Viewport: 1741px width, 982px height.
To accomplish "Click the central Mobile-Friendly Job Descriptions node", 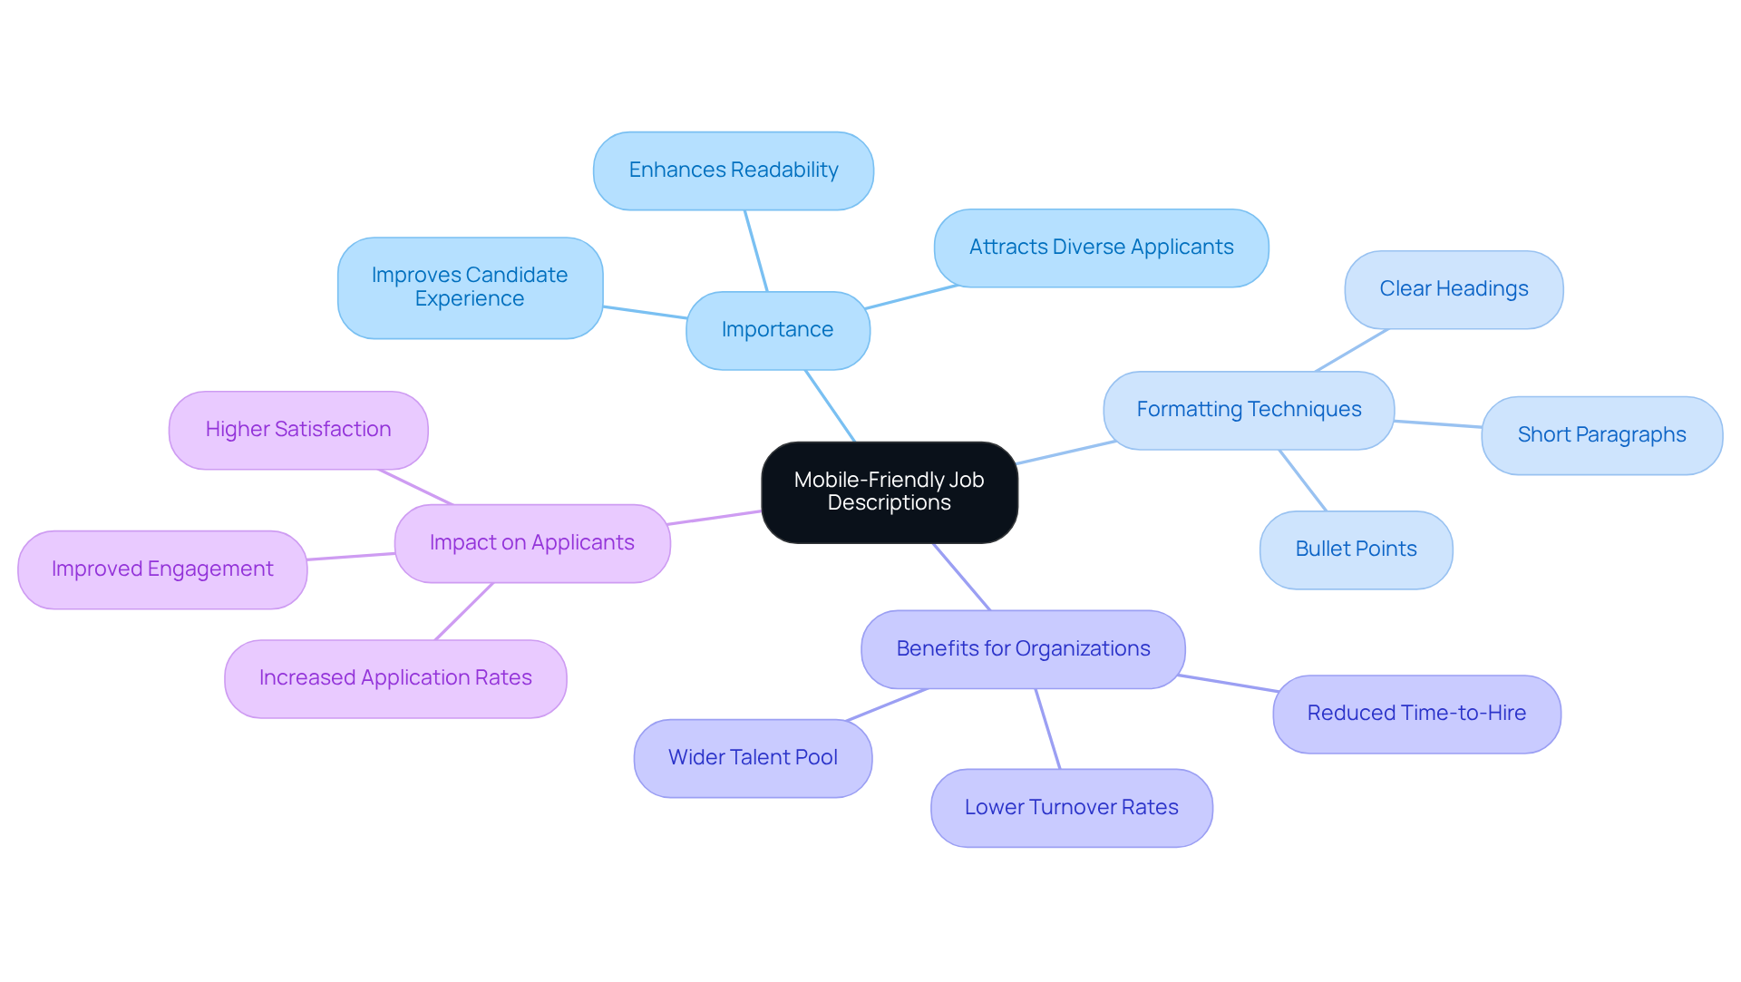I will point(889,491).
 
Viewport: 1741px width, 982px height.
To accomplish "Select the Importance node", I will point(777,330).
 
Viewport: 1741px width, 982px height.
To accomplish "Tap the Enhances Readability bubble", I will point(733,170).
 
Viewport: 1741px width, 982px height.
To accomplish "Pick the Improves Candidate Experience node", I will point(470,287).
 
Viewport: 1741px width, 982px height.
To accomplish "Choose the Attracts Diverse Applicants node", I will point(1101,248).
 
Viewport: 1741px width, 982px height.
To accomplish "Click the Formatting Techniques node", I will point(1248,410).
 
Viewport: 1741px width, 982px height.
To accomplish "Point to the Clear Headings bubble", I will point(1453,289).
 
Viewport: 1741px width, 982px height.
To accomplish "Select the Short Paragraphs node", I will point(1600,435).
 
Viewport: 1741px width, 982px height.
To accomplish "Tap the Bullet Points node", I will point(1355,549).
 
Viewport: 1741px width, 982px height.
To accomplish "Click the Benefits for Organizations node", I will point(1022,649).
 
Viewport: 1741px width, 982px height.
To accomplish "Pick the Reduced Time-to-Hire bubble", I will point(1415,714).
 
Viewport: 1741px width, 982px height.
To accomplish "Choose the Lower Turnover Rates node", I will point(1071,808).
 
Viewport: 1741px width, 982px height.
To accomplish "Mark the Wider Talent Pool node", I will point(753,758).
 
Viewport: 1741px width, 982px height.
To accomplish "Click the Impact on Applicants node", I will point(531,543).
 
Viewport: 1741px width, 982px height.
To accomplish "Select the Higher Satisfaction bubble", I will point(297,430).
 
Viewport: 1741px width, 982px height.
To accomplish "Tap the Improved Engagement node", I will point(162,569).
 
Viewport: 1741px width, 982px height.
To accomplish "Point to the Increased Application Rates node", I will point(395,678).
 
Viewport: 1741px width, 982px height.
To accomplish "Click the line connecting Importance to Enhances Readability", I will point(756,251).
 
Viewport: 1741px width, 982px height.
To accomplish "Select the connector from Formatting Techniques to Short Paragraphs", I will point(1437,423).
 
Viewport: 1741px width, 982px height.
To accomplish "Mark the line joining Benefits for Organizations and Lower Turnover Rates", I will point(1047,729).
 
